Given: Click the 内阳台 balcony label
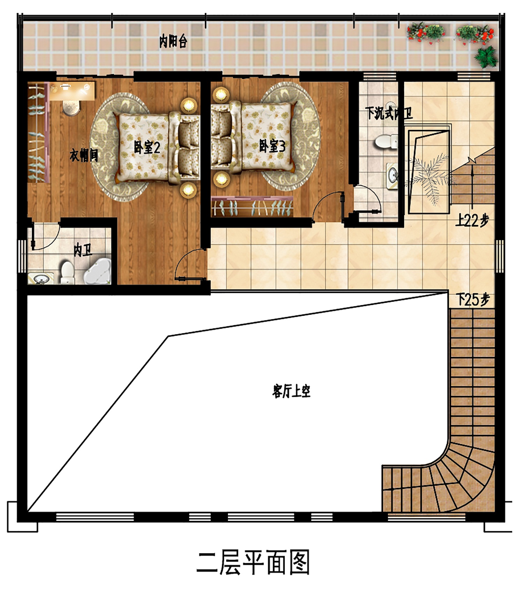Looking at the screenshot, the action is click(x=173, y=42).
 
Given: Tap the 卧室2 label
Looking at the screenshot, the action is click(x=147, y=148).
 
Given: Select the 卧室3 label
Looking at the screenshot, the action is click(x=272, y=146).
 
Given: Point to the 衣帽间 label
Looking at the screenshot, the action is click(x=84, y=155).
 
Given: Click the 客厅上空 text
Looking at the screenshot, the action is click(x=291, y=391).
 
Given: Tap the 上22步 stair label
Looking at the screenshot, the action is click(x=472, y=221).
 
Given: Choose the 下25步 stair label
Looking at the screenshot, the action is click(x=473, y=299).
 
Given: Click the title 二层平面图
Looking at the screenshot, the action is click(x=253, y=563).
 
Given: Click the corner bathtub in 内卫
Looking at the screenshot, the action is click(x=97, y=271).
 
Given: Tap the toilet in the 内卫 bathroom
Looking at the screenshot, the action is click(x=68, y=273).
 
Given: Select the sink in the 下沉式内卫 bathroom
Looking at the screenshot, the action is click(x=393, y=176).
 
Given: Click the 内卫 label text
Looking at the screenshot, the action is click(x=83, y=250).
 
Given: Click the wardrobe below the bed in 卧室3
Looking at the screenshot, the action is click(x=252, y=207).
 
